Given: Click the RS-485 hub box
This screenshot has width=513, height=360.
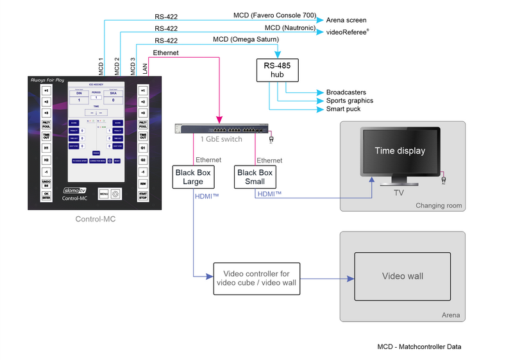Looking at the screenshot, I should point(280,69).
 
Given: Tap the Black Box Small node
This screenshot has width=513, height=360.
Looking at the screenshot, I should point(255,176).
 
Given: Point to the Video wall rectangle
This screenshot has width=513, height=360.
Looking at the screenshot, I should point(402,276).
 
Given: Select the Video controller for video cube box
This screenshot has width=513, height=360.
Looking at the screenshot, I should point(256,279).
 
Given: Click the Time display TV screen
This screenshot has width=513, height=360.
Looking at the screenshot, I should point(399,151).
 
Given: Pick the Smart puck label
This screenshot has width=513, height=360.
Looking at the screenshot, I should point(343,109).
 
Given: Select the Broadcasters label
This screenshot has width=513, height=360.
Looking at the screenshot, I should point(346,92).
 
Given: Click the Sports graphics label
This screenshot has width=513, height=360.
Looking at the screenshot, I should point(349,101).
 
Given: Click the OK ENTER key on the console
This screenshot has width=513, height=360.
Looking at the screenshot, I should point(46,196).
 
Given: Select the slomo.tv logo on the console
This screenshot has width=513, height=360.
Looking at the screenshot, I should point(76,191).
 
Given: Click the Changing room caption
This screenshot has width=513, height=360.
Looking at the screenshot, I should point(439,206).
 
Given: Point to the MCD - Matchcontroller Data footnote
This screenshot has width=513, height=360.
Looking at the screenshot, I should point(419,347).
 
